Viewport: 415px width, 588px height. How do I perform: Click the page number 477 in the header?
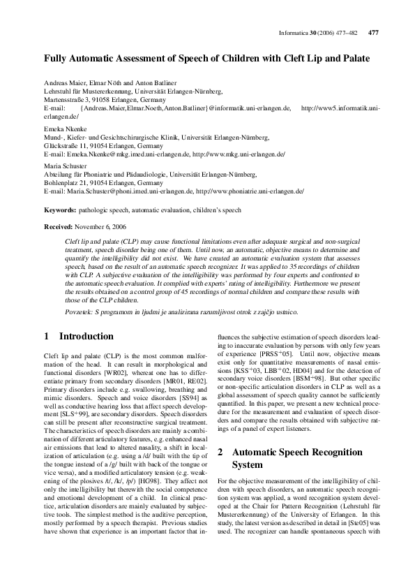[373, 33]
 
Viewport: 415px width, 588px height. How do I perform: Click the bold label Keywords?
[60, 210]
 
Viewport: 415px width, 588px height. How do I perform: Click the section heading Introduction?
[86, 337]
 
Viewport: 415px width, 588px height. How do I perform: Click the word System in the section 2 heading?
[247, 464]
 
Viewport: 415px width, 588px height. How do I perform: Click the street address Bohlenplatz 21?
[66, 182]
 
